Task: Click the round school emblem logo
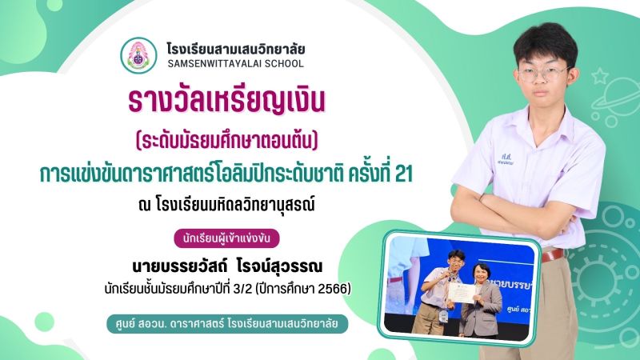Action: (138, 55)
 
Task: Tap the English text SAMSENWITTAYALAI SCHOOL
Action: (235, 64)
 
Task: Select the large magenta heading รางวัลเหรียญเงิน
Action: (226, 102)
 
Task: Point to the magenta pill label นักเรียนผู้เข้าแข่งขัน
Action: (226, 238)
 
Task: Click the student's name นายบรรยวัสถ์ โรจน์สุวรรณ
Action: (227, 266)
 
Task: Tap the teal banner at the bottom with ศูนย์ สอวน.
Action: (227, 324)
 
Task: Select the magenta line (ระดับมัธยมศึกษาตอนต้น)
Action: (226, 141)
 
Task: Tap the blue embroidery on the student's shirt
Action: (506, 159)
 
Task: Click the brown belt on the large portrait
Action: (553, 256)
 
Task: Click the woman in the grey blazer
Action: (481, 301)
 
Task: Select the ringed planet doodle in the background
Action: (618, 98)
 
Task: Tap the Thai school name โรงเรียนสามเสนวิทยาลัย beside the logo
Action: (235, 50)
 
